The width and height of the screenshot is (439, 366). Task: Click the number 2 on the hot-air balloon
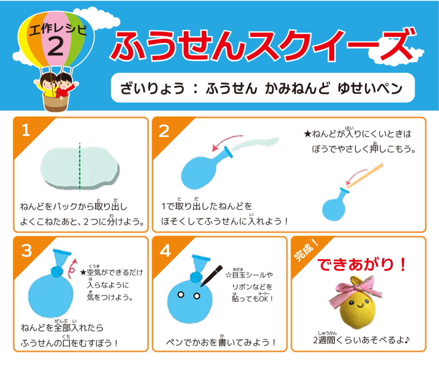pos(55,46)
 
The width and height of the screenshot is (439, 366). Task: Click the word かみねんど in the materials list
pos(298,88)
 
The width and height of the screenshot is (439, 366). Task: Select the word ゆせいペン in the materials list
pos(370,88)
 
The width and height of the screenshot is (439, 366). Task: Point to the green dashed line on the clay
pos(80,167)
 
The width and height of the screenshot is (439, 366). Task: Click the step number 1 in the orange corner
pos(26,130)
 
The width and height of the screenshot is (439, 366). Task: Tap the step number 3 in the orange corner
pos(27,250)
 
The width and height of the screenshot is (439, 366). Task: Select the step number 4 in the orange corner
pos(165,250)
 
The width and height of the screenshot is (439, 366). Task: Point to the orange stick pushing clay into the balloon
pos(365,175)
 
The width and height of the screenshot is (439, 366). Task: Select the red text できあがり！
pos(361,264)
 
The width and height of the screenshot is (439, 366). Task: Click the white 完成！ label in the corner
pos(306,250)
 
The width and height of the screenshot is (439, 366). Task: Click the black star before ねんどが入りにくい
pos(307,134)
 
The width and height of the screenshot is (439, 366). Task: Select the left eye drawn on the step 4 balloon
pos(181,295)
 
